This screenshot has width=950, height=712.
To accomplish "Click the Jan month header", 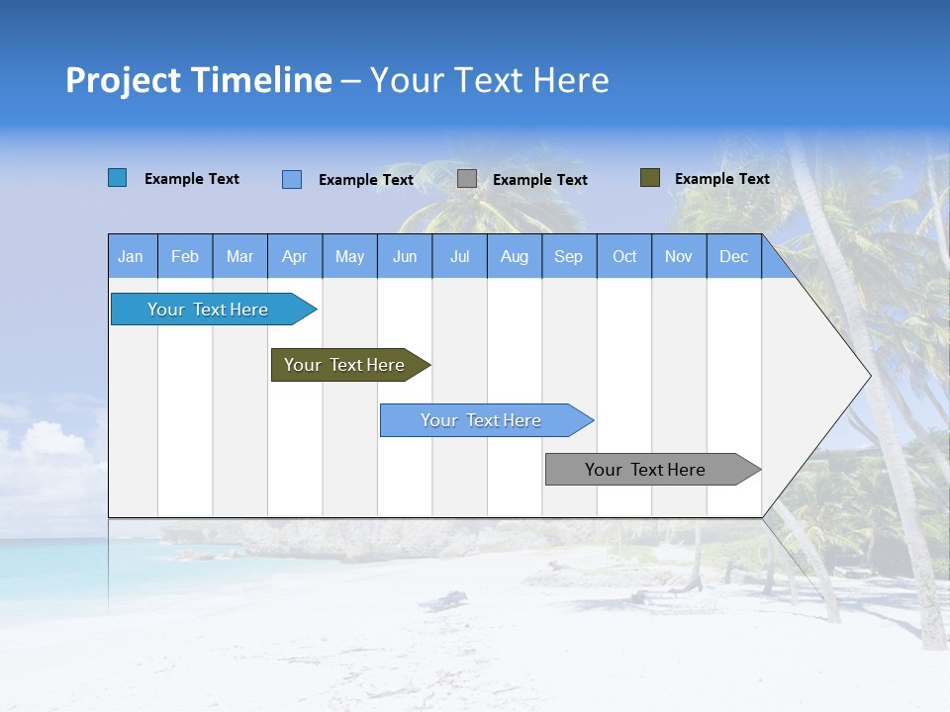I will (131, 256).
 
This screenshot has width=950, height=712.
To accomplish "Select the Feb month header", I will (185, 256).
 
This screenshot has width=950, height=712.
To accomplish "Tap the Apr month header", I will (295, 256).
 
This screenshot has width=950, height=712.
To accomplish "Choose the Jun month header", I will (405, 256).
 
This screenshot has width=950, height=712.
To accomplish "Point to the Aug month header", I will (515, 256).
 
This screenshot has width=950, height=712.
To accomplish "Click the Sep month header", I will (569, 256).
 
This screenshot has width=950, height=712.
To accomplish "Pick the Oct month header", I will (624, 256).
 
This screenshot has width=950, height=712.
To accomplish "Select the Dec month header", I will (734, 256).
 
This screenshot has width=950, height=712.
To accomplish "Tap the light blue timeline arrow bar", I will (482, 420).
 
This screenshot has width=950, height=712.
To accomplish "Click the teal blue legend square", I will (118, 178).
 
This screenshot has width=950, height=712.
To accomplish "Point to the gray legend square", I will (467, 179).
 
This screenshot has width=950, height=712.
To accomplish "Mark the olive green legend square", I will (649, 178).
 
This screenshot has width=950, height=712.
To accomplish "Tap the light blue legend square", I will (292, 179).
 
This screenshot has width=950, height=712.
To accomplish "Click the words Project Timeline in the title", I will (199, 80).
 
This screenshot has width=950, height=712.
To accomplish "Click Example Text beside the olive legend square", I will (721, 179).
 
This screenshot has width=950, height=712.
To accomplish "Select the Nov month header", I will (679, 256).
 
